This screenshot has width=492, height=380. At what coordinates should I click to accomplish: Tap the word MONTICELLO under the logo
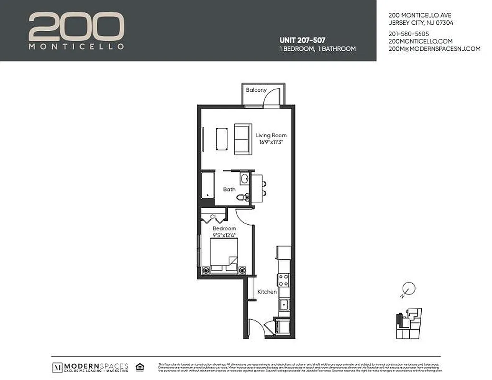pyautogui.click(x=77, y=47)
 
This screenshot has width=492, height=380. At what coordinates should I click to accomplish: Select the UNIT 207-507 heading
pyautogui.click(x=302, y=40)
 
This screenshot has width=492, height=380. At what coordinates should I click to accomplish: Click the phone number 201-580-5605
pyautogui.click(x=409, y=34)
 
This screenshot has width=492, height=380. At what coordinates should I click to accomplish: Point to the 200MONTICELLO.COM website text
pyautogui.click(x=421, y=41)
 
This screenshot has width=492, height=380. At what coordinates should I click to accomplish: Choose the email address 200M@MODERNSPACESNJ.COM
pyautogui.click(x=434, y=49)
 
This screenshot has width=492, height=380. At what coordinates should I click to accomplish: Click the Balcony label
pyautogui.click(x=256, y=90)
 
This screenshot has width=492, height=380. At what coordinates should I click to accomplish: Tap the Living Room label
pyautogui.click(x=271, y=135)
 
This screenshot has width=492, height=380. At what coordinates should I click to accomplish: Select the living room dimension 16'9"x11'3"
pyautogui.click(x=271, y=142)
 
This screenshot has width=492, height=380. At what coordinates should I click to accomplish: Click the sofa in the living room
pyautogui.click(x=243, y=139)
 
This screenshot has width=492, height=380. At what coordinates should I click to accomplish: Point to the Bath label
pyautogui.click(x=229, y=190)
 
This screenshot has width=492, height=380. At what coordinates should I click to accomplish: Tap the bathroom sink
pyautogui.click(x=244, y=179)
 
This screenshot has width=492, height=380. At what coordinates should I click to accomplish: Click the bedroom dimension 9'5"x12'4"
pyautogui.click(x=224, y=235)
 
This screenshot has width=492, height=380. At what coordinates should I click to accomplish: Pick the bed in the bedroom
pyautogui.click(x=224, y=256)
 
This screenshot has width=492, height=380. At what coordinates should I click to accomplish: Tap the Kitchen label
pyautogui.click(x=267, y=292)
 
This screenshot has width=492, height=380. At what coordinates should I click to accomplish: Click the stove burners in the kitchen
pyautogui.click(x=284, y=279)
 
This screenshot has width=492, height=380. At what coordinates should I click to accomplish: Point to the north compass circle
pyautogui.click(x=409, y=288)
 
